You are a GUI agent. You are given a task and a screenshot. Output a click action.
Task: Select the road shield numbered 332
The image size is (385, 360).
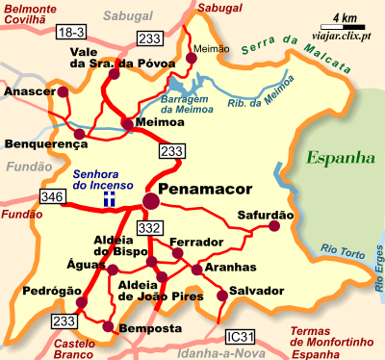click(148, 227)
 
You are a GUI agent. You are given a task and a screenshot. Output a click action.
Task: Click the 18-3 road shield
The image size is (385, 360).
click(70, 33)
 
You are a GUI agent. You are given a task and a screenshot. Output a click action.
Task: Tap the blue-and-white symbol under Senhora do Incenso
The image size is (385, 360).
click(110, 198)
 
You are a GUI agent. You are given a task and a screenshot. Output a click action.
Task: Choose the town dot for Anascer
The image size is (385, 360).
click(64, 92)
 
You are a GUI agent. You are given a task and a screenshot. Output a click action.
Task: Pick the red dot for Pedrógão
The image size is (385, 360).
click(81, 302)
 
